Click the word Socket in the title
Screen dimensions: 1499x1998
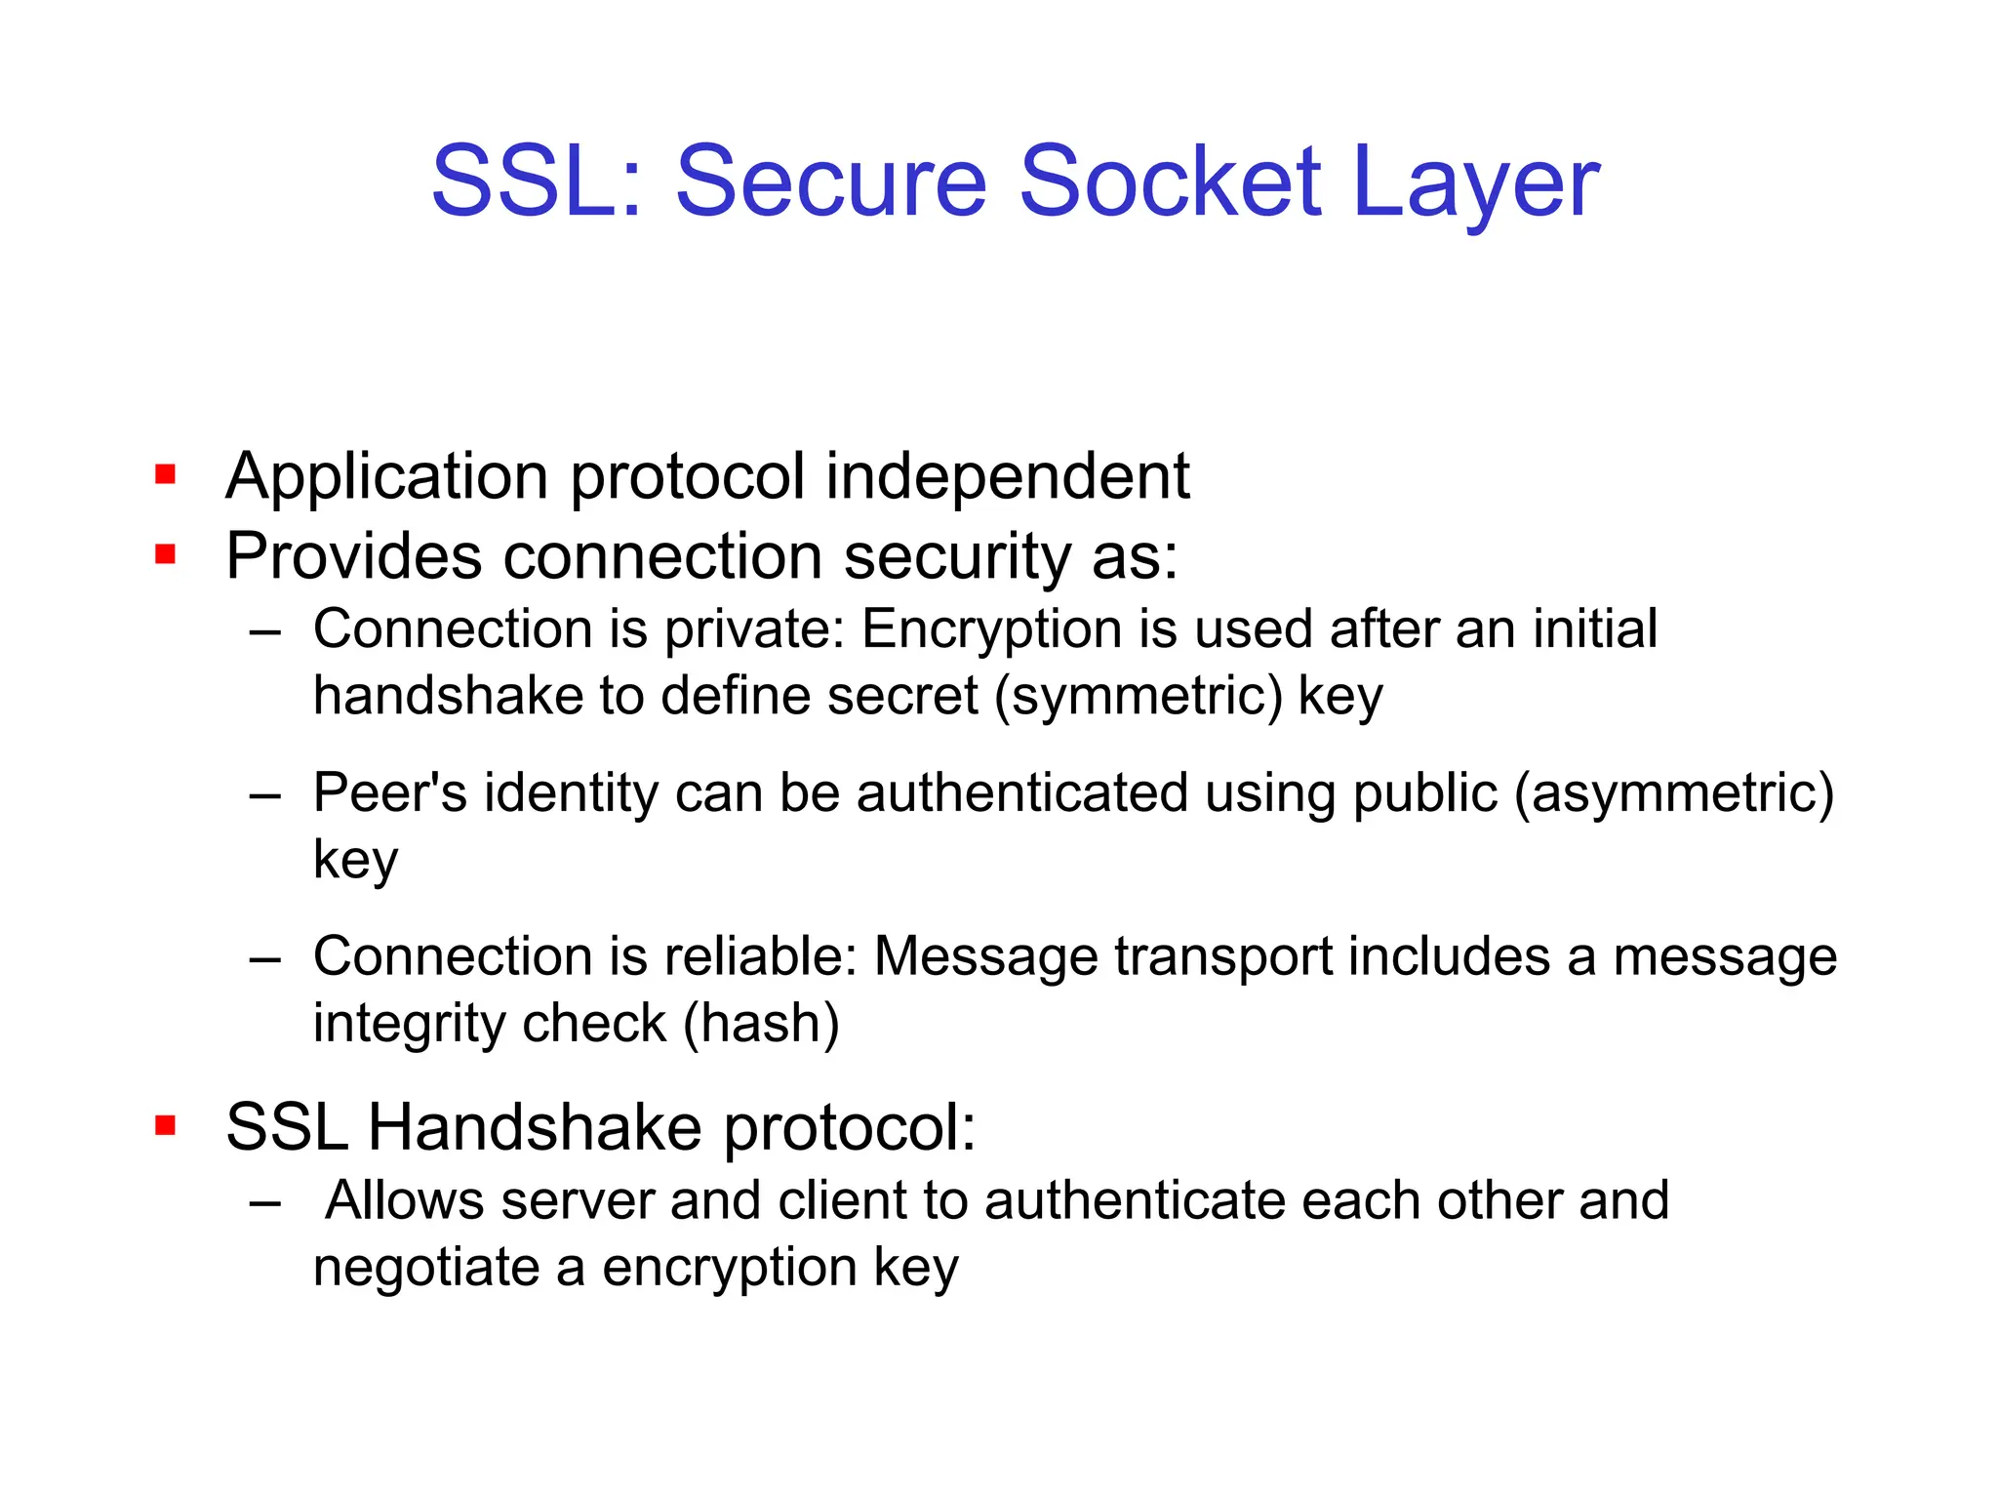point(1170,182)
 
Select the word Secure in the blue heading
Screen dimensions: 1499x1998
point(831,182)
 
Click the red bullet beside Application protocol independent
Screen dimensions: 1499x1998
point(165,475)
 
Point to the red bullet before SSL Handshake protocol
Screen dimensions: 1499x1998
point(165,1126)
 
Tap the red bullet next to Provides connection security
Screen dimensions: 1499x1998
point(165,555)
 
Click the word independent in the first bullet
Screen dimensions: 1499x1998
point(1008,477)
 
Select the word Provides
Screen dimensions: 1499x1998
point(354,557)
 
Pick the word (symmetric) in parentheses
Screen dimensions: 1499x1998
point(1139,697)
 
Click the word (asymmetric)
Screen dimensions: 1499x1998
point(1674,792)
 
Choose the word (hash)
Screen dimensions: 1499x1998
point(761,1024)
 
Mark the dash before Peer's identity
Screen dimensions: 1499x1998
point(264,795)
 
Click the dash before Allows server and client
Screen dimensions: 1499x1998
point(264,1203)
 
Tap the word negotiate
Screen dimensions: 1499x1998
point(426,1268)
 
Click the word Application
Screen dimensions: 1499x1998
point(387,479)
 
